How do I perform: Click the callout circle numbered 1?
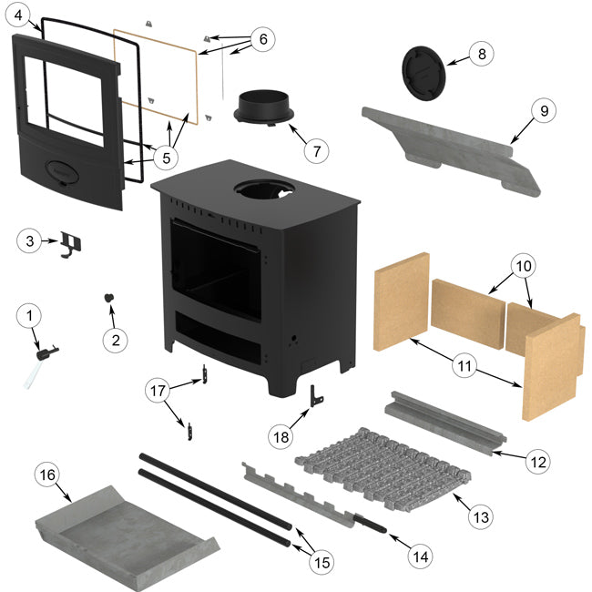tap(29, 316)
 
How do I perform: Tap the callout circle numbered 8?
tap(482, 54)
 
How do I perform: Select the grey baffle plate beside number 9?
tap(446, 146)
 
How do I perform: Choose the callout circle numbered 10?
tap(524, 267)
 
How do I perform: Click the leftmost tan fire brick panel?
tap(401, 301)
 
